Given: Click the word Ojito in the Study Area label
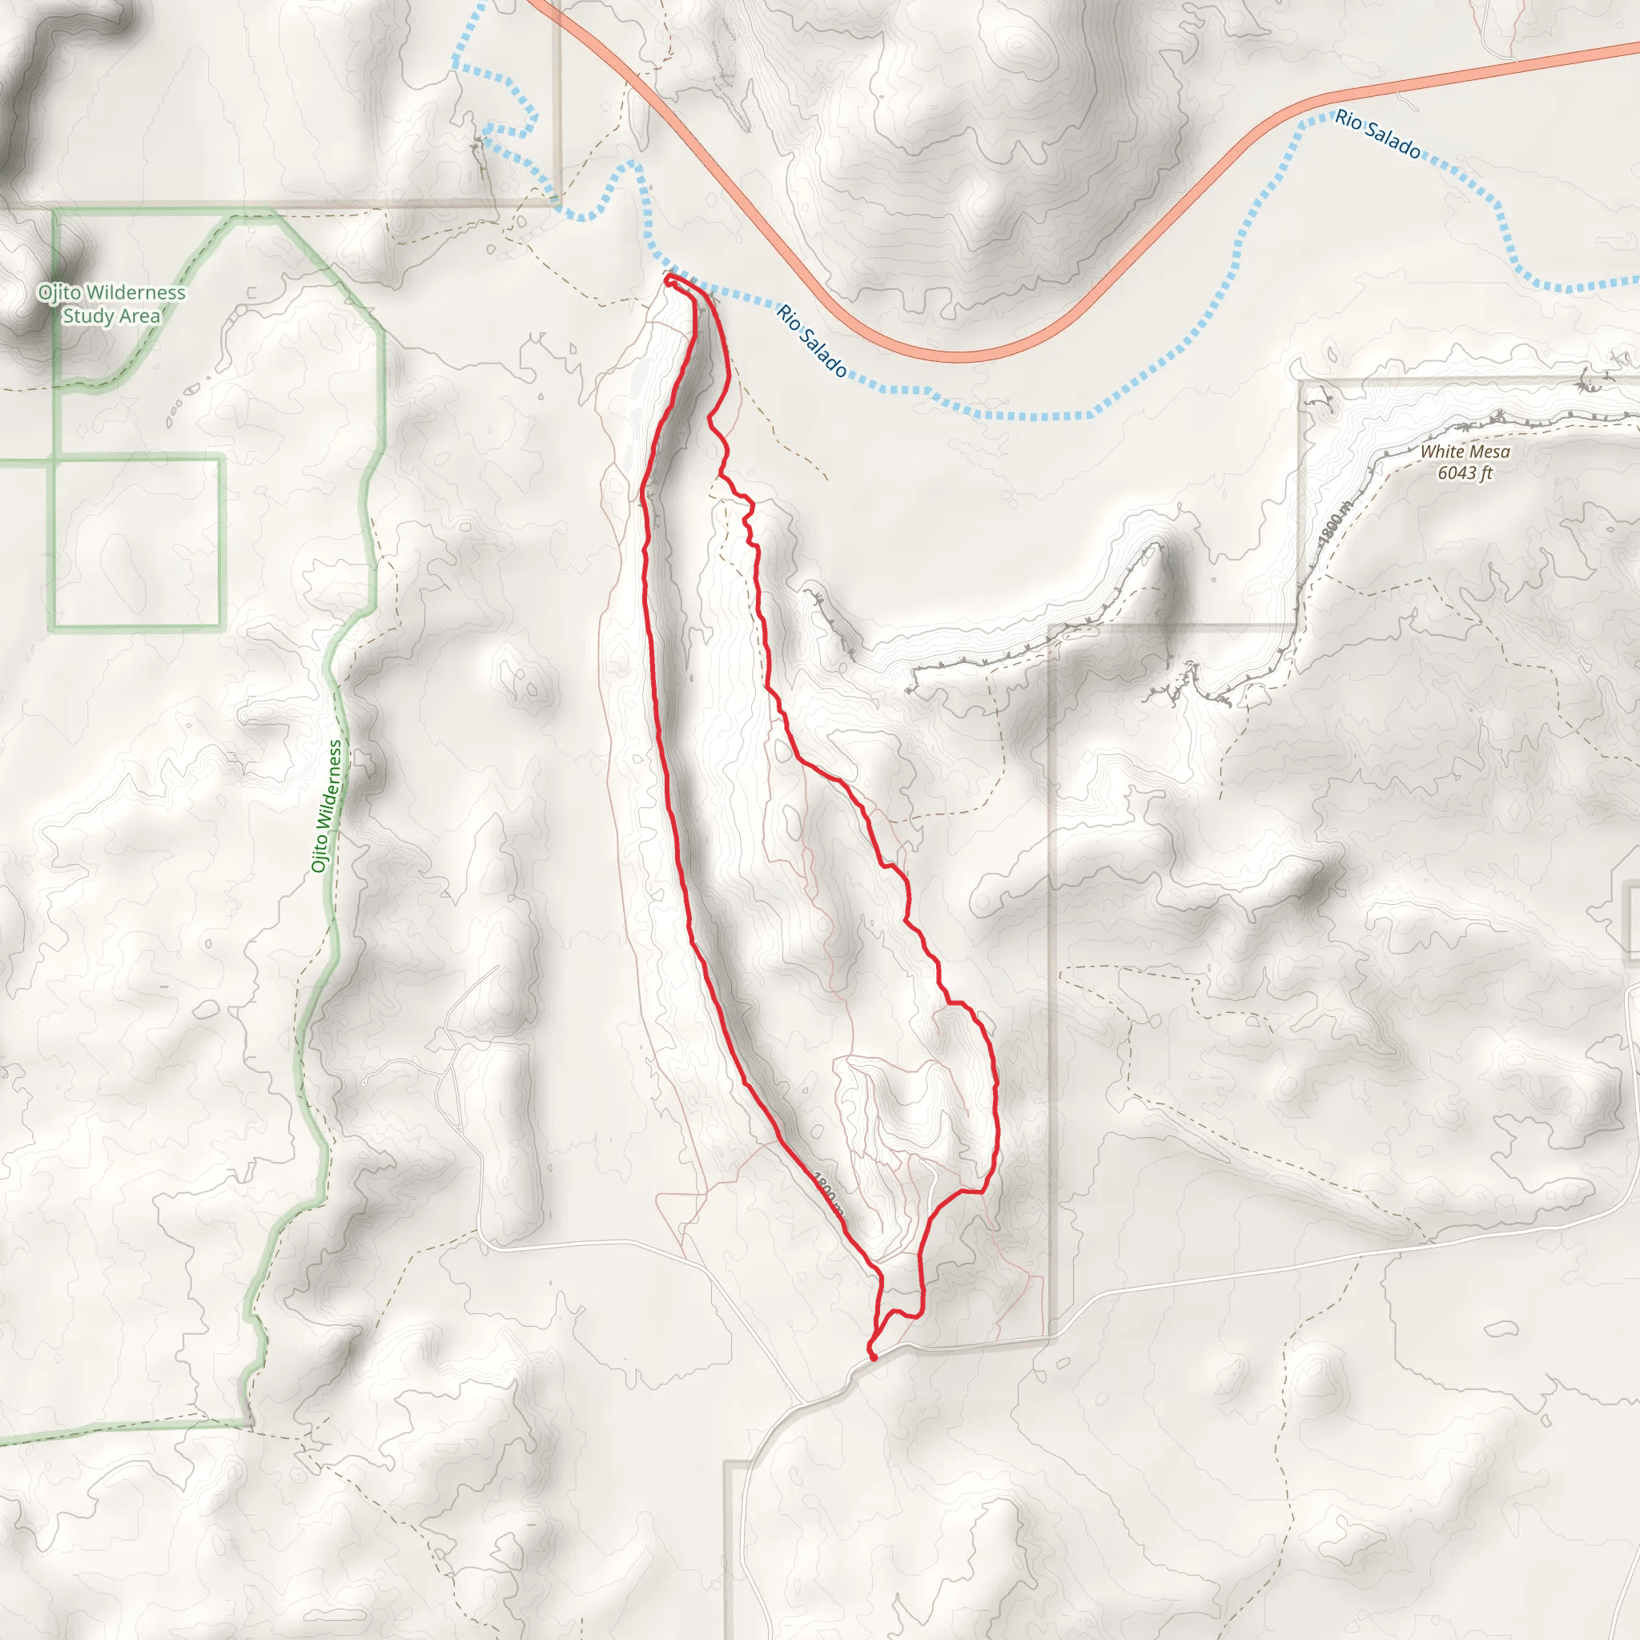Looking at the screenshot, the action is click(x=59, y=293).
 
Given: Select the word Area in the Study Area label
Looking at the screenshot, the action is click(x=139, y=316).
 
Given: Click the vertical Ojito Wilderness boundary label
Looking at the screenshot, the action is click(x=327, y=806).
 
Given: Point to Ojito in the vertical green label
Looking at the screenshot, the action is click(x=320, y=852).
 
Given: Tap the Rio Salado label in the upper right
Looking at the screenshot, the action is click(x=1377, y=134).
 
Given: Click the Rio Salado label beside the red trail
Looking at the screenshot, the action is click(x=810, y=340).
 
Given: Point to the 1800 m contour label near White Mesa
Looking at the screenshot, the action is click(x=1333, y=525).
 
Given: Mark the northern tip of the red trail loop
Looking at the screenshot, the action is click(x=669, y=279).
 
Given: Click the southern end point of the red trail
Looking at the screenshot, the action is click(x=874, y=1357).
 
